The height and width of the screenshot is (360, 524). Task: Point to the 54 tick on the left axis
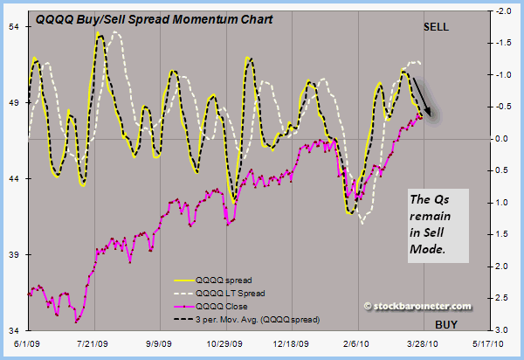point(13,27)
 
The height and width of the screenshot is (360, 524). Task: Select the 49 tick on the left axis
point(13,103)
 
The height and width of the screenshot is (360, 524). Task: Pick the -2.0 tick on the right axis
point(503,12)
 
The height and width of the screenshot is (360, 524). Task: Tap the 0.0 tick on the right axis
point(505,140)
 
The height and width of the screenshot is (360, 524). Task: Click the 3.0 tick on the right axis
point(505,330)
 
